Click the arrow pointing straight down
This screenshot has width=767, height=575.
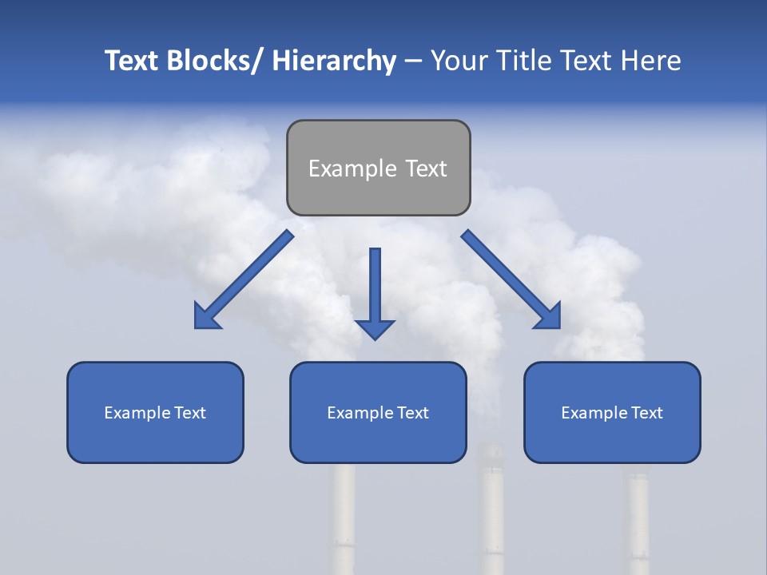[x=375, y=287]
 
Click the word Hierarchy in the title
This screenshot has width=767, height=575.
[x=334, y=61]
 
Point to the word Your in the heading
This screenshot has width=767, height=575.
[x=459, y=61]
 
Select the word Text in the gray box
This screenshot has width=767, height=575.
[x=426, y=169]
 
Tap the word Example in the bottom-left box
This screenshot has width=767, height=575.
[x=133, y=413]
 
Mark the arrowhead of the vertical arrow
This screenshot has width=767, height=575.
[x=375, y=328]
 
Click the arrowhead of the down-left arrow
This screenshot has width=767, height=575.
[x=205, y=317]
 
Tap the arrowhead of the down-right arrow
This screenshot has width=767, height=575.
[x=549, y=317]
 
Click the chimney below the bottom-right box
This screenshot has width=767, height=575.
[x=637, y=519]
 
